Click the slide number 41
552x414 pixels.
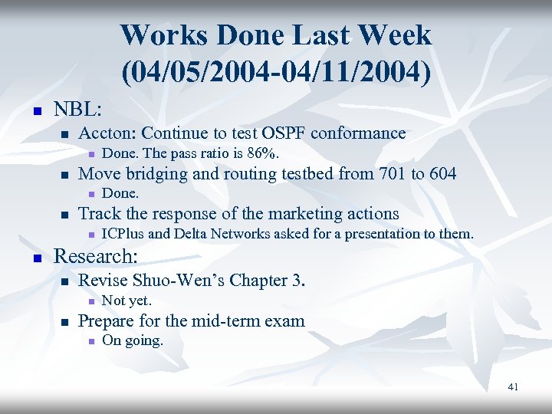tap(513, 387)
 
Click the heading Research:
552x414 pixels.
tap(95, 255)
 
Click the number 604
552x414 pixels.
tap(440, 174)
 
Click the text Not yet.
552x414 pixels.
tap(127, 301)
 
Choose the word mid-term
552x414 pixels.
tap(230, 321)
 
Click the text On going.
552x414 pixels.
tap(132, 341)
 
